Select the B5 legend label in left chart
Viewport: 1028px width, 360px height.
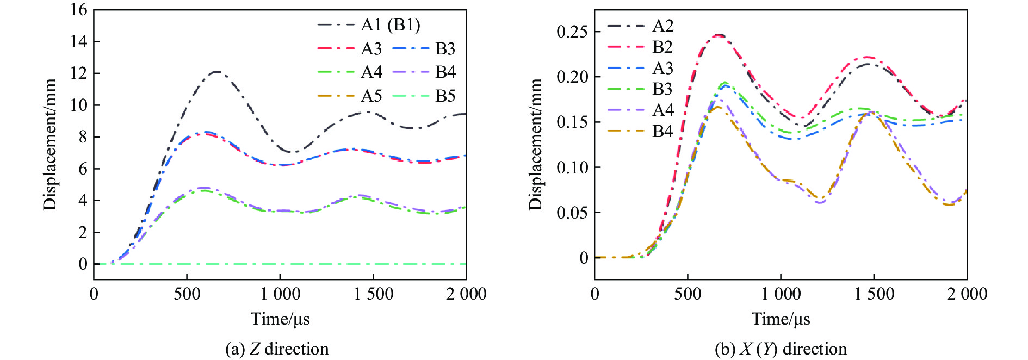point(445,96)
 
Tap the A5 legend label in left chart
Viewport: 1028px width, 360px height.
point(371,96)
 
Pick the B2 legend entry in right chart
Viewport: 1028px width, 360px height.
point(662,47)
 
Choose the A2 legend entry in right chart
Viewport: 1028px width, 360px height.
point(662,26)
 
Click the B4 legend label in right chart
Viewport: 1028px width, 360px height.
point(662,131)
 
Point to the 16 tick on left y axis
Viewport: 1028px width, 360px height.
point(79,10)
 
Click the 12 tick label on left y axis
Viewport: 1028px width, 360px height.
point(79,73)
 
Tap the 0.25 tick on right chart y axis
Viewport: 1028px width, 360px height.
point(572,32)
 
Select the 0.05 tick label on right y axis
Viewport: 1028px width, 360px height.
point(572,213)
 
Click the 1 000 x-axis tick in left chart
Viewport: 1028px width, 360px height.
point(280,294)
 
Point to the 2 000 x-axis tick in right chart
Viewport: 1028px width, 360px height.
point(967,294)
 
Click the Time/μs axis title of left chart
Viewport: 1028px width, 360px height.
point(280,319)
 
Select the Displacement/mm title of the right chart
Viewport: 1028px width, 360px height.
point(536,144)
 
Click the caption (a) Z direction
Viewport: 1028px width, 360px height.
point(277,349)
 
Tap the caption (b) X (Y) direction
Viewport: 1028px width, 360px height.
point(781,349)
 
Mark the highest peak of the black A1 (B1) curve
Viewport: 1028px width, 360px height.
point(217,71)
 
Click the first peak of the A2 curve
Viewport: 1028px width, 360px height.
point(720,35)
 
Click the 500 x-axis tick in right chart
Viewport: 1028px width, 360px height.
point(688,294)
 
